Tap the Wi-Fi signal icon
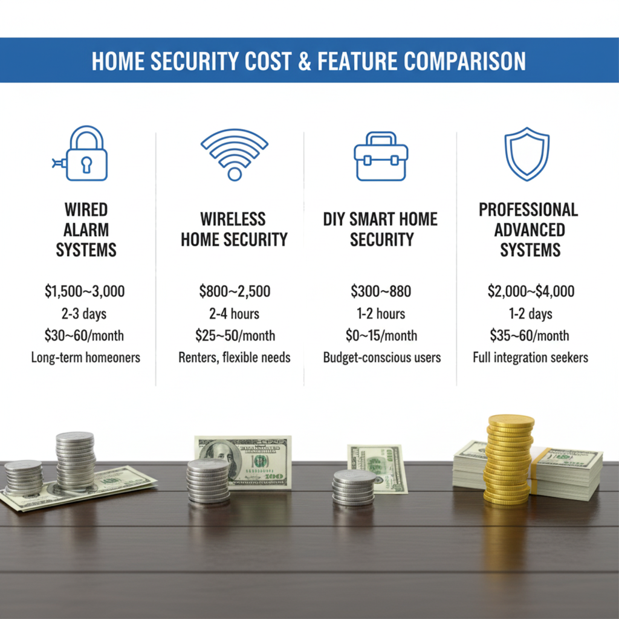click(235, 154)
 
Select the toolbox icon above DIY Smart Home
click(381, 157)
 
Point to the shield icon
click(527, 154)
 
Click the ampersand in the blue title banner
click(305, 61)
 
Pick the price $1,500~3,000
click(85, 291)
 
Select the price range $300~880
click(381, 291)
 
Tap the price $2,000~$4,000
click(531, 291)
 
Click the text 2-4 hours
click(234, 314)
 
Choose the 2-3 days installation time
click(84, 314)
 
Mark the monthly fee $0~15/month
click(381, 335)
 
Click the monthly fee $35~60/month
click(530, 335)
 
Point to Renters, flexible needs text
click(235, 357)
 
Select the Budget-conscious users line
click(382, 357)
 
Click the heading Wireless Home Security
click(234, 229)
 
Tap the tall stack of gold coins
click(509, 459)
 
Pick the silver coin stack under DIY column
click(354, 488)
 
